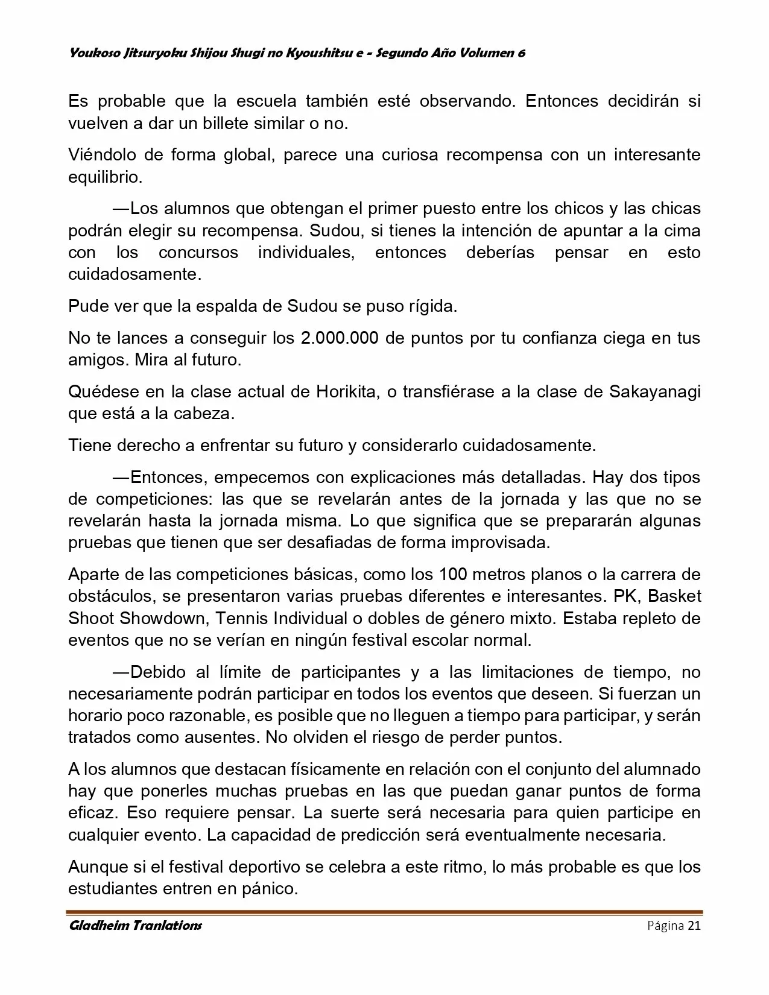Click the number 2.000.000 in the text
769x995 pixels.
(x=339, y=338)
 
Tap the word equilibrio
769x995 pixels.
(x=104, y=177)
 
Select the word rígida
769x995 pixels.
(x=429, y=306)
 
